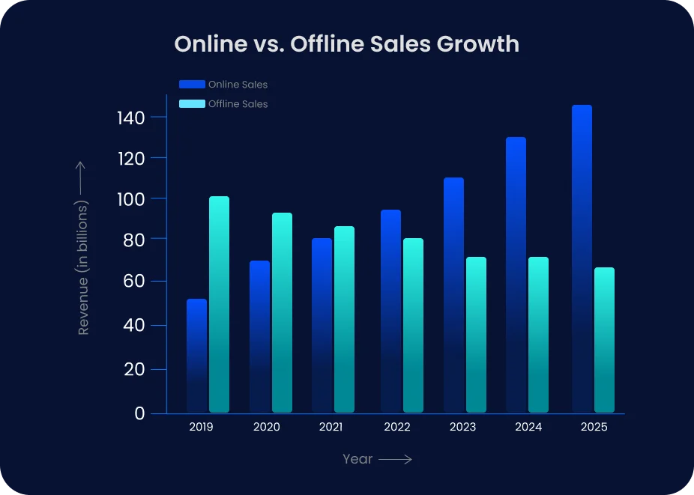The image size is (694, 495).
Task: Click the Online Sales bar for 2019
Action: pos(196,356)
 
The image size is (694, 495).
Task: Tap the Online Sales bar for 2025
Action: pos(582,258)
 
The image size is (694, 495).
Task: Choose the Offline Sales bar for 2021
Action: pos(344,319)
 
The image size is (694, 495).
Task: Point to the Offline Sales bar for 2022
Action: pos(413,325)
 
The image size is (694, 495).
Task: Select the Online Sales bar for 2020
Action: pos(259,336)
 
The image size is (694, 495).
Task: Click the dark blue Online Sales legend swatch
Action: pos(192,85)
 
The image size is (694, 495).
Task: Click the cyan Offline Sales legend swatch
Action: pos(192,104)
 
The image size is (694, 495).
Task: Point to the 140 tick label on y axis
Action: pos(131,118)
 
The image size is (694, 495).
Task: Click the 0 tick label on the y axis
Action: pos(139,413)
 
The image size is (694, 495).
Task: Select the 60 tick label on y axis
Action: pos(135,282)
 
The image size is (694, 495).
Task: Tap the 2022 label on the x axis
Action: pos(396,428)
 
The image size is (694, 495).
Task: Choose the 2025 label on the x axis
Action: pos(594,428)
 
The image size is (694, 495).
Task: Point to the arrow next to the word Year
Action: pos(395,459)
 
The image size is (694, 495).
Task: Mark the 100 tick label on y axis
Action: pos(131,199)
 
